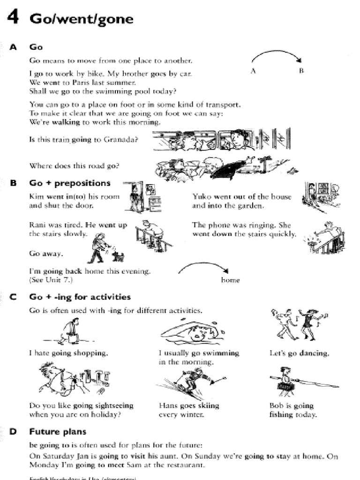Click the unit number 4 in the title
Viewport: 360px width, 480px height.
pyautogui.click(x=14, y=19)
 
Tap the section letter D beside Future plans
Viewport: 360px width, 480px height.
pyautogui.click(x=13, y=432)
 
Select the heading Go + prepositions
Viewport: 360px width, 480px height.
pyautogui.click(x=70, y=183)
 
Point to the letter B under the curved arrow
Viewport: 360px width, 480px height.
pyautogui.click(x=301, y=71)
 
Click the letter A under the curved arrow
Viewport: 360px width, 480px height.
pyautogui.click(x=253, y=71)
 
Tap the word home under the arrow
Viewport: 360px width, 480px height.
pyautogui.click(x=230, y=280)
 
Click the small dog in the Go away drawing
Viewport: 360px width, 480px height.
pyautogui.click(x=119, y=256)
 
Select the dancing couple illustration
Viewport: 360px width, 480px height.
pyautogui.click(x=298, y=323)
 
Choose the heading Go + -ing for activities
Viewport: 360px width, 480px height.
pyautogui.click(x=80, y=297)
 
